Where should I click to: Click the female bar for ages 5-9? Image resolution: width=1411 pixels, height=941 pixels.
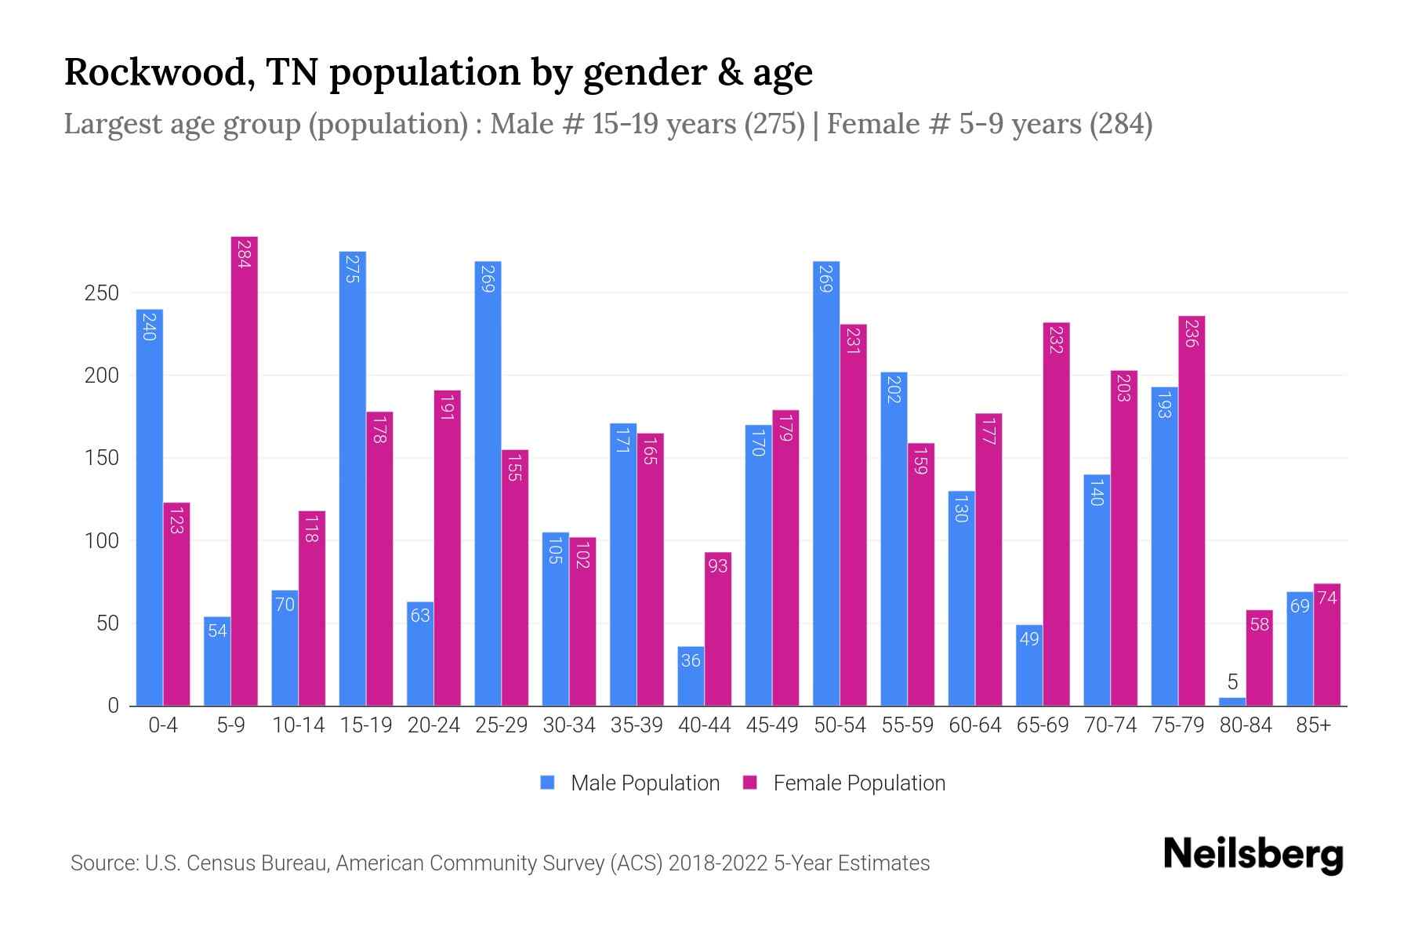pyautogui.click(x=245, y=470)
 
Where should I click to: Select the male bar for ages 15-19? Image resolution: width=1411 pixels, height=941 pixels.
pyautogui.click(x=353, y=478)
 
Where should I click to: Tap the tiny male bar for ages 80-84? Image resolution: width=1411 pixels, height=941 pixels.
pyautogui.click(x=1232, y=701)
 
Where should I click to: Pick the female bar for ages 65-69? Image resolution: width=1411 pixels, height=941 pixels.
pyautogui.click(x=1056, y=514)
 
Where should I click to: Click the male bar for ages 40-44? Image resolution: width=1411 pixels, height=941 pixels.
pyautogui.click(x=691, y=676)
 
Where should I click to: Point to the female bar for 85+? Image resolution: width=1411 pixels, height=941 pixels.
pyautogui.click(x=1327, y=645)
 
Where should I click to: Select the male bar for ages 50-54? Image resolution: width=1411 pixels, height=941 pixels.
pyautogui.click(x=826, y=483)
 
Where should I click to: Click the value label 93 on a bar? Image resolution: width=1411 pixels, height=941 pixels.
pyautogui.click(x=718, y=565)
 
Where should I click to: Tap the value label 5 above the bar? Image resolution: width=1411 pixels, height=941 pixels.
pyautogui.click(x=1232, y=682)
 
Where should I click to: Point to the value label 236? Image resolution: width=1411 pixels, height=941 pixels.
pyautogui.click(x=1192, y=333)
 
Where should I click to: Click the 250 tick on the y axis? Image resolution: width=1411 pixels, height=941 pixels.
pyautogui.click(x=102, y=293)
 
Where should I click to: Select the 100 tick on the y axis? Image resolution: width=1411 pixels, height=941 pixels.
pyautogui.click(x=102, y=541)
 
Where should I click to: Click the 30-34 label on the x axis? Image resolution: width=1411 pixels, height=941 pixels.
pyautogui.click(x=569, y=725)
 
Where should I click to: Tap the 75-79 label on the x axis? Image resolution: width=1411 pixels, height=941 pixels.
pyautogui.click(x=1177, y=725)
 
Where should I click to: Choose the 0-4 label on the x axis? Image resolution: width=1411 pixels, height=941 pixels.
pyautogui.click(x=163, y=725)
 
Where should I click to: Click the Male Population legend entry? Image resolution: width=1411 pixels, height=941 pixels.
pyautogui.click(x=631, y=783)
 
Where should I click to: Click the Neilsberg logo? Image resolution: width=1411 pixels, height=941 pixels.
pyautogui.click(x=1253, y=855)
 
